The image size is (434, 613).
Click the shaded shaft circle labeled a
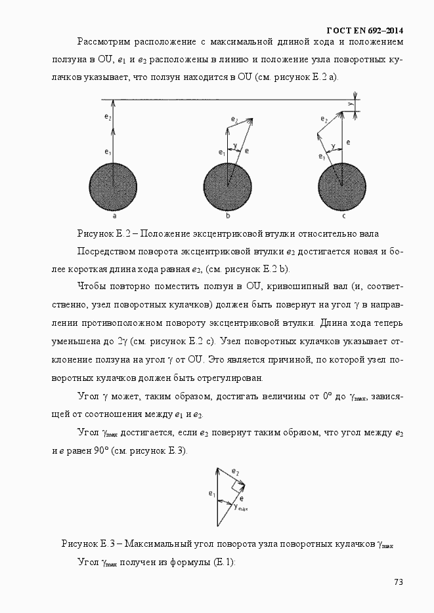pos(114,186)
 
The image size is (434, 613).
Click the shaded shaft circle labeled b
pos(228,186)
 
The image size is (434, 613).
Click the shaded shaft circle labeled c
pos(342,186)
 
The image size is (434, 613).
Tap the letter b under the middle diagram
pos(228,216)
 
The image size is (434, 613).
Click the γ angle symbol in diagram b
pos(234,146)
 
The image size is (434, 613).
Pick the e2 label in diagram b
pos(234,119)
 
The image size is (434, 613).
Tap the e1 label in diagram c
pos(321,157)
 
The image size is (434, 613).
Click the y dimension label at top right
pos(351,104)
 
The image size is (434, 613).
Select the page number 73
pos(398,582)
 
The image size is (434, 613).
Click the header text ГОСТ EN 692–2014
pos(364,31)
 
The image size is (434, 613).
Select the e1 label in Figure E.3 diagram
pos(211,494)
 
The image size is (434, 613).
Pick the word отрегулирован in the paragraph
pos(223,378)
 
